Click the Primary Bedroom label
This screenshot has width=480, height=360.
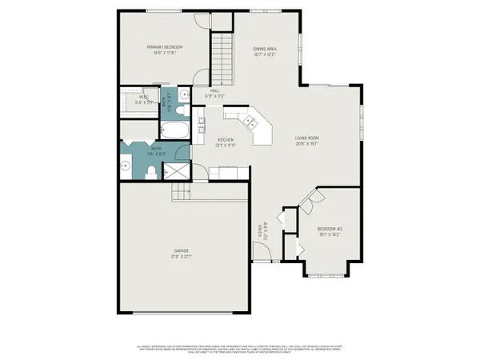coord(160,48)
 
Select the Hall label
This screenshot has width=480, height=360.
coord(215,91)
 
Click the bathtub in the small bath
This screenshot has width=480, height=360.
coord(174,130)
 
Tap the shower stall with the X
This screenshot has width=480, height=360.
coord(174,171)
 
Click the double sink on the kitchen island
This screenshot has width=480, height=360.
coord(251,122)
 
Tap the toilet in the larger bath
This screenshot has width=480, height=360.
coord(152,171)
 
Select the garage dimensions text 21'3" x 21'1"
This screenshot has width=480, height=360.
coord(181,257)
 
